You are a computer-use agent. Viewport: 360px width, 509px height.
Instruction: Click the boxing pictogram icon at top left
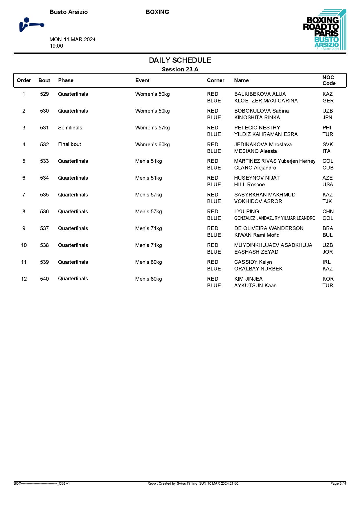tap(31, 25)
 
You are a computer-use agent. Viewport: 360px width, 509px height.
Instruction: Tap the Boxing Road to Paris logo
tap(324, 30)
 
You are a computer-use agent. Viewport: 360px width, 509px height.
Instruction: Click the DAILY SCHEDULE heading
tap(180, 60)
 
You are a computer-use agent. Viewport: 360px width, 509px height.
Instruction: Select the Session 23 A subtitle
tap(180, 69)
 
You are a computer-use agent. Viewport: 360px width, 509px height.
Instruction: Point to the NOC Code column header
tap(329, 80)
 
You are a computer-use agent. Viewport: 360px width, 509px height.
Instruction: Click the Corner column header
tap(215, 80)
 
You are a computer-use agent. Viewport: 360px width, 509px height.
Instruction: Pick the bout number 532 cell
tap(44, 145)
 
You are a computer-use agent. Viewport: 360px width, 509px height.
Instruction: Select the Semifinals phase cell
tap(70, 128)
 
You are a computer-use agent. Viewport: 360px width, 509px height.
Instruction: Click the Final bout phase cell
tap(69, 144)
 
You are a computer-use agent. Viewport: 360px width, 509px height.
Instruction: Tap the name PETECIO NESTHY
tap(257, 128)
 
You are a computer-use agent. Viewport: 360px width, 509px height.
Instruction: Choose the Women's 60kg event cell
tap(152, 145)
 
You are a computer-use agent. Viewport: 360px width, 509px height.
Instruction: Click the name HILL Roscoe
tap(249, 185)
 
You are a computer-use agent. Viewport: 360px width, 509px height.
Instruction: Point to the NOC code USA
tap(327, 185)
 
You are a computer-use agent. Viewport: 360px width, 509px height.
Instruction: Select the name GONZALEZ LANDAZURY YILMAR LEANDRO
tap(275, 218)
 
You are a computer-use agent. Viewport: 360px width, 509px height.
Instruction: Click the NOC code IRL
tap(326, 262)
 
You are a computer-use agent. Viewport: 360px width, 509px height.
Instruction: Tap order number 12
tap(24, 279)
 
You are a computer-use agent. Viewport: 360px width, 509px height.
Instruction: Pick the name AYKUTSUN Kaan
tap(255, 286)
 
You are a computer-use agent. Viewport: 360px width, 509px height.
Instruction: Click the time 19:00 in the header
tap(56, 46)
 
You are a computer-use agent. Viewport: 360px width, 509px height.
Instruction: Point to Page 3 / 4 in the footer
tap(338, 483)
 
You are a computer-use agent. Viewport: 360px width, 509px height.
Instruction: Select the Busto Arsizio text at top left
tap(69, 12)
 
